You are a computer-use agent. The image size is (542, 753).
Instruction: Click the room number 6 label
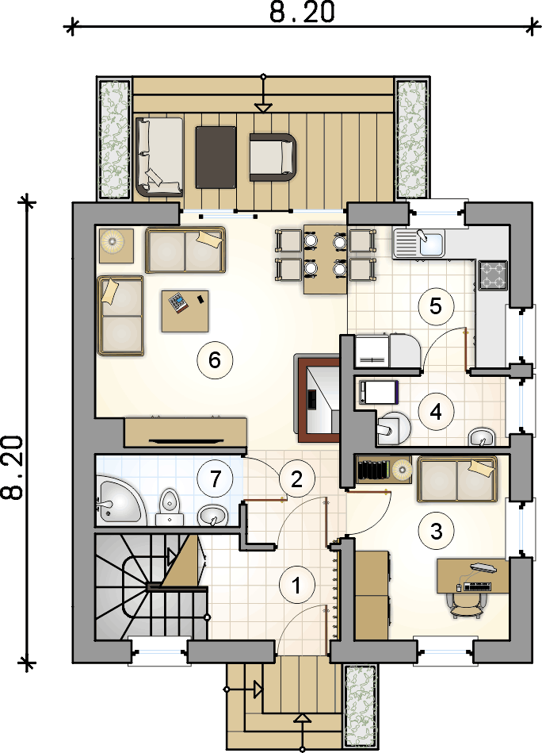tap(215, 359)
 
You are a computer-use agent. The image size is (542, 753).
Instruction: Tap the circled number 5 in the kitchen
tap(436, 306)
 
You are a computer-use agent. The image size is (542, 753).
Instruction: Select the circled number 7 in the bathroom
tap(216, 478)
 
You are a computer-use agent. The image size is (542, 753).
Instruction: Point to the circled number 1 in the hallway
tap(296, 586)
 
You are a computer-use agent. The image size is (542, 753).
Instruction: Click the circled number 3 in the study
tap(436, 531)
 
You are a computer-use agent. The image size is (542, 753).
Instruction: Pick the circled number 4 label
tap(436, 412)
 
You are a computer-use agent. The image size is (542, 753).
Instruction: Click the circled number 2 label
tap(296, 478)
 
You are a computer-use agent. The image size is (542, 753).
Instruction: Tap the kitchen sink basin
tap(432, 243)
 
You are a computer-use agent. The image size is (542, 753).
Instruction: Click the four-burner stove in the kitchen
tap(493, 275)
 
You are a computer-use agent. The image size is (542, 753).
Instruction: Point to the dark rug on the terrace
tap(216, 157)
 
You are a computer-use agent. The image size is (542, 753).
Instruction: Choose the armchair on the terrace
tap(273, 157)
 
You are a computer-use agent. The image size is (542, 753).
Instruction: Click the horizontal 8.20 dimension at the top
tap(302, 13)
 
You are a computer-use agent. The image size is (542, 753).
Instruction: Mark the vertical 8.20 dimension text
tap(13, 467)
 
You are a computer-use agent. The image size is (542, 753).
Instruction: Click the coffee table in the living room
tap(185, 311)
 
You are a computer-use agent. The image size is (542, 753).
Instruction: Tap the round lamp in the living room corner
tap(116, 245)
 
